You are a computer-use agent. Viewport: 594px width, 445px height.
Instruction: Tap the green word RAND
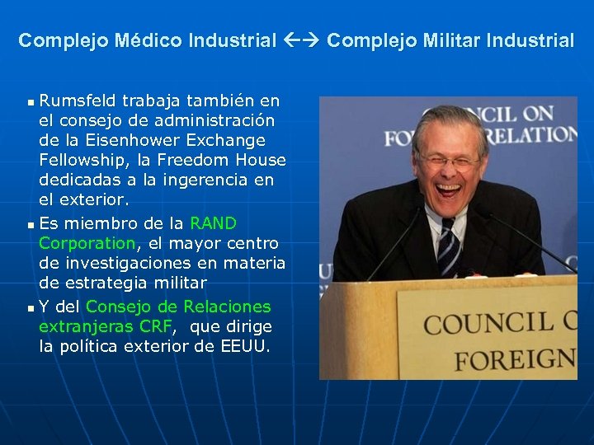213,223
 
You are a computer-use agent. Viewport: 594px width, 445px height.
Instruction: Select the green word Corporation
87,243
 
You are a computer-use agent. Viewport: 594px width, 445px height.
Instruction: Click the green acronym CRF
156,326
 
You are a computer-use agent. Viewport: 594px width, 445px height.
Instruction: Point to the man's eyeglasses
448,160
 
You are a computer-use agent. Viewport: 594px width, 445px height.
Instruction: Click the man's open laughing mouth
448,189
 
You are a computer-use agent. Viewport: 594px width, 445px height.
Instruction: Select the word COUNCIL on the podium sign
487,321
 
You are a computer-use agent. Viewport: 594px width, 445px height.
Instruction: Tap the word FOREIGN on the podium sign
515,359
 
